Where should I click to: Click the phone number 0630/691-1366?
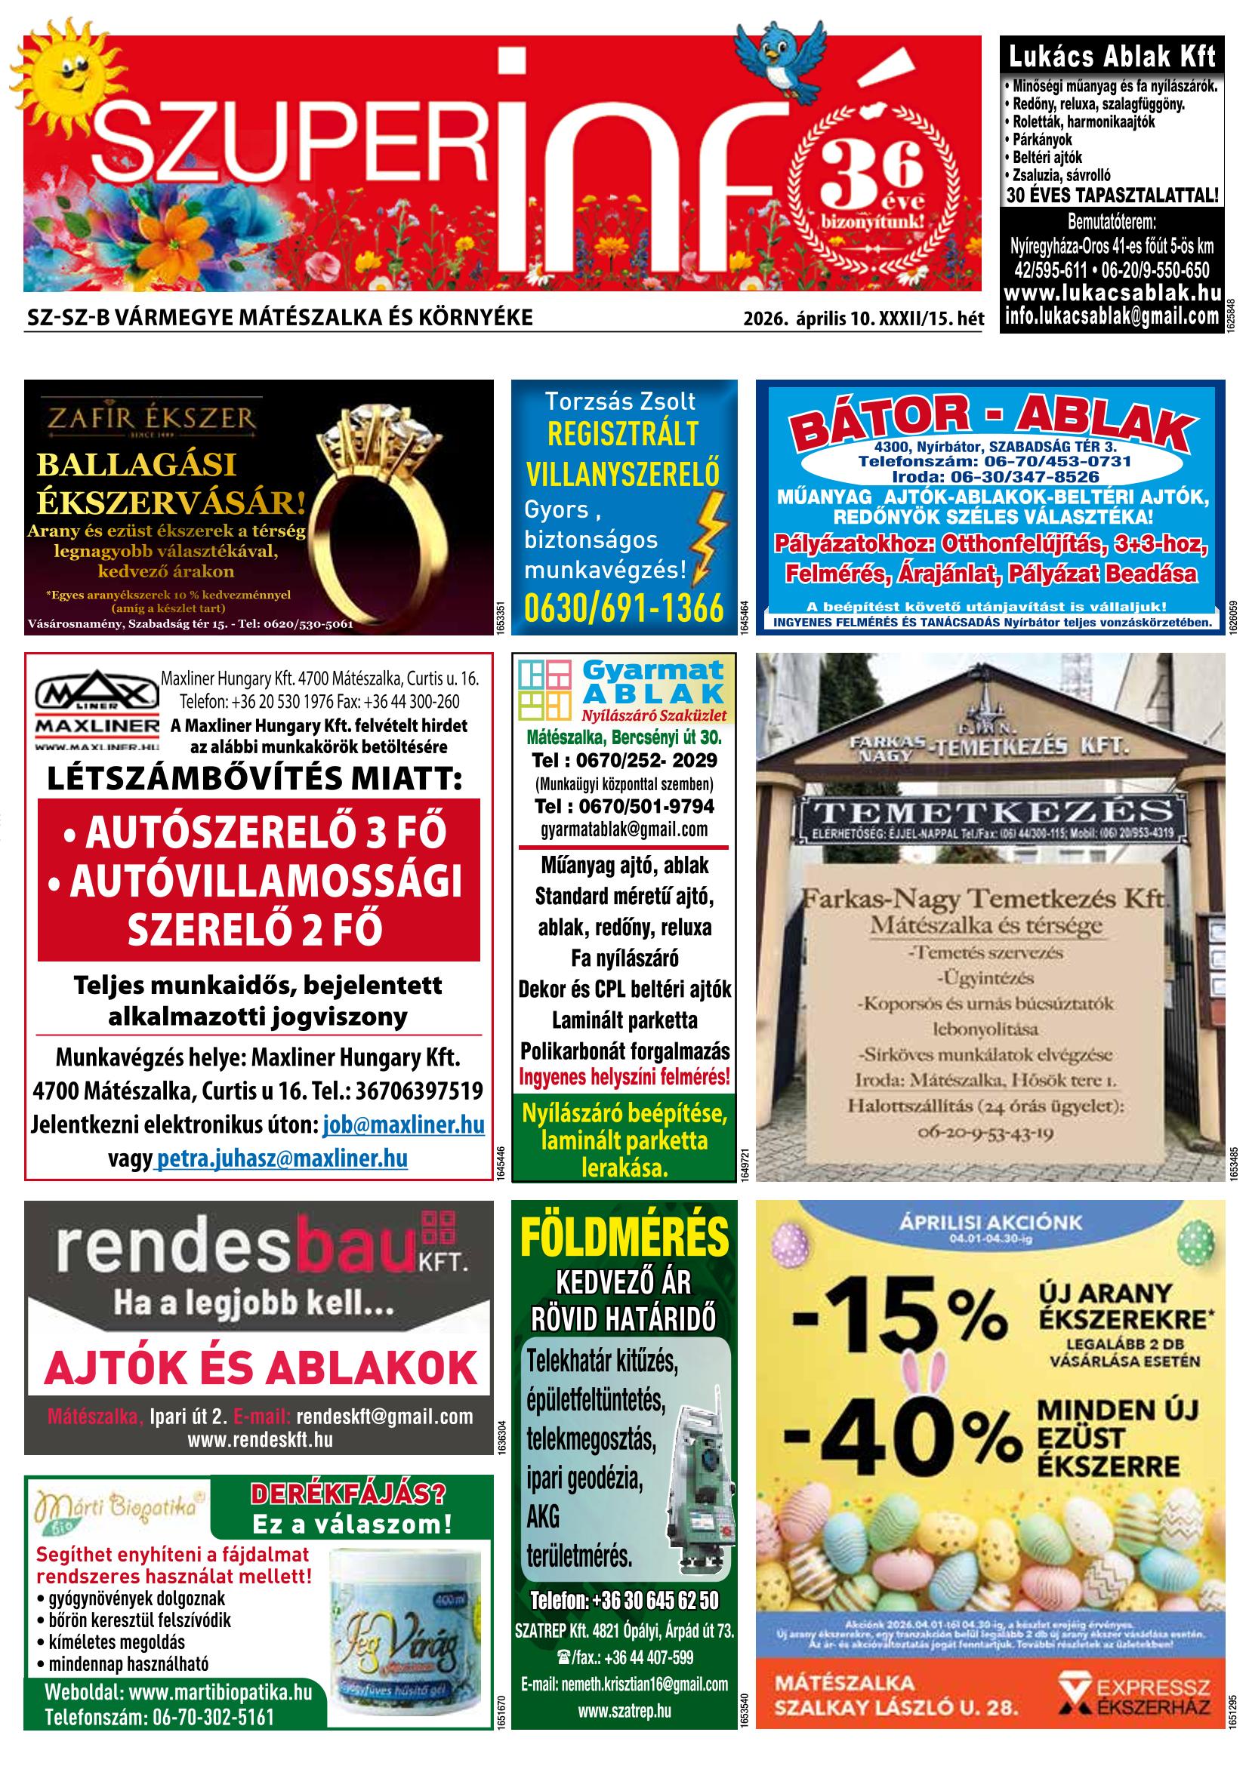(624, 608)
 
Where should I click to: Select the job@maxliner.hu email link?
(403, 1125)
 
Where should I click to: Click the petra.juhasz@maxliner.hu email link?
(282, 1158)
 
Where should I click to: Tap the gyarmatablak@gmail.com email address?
(624, 829)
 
